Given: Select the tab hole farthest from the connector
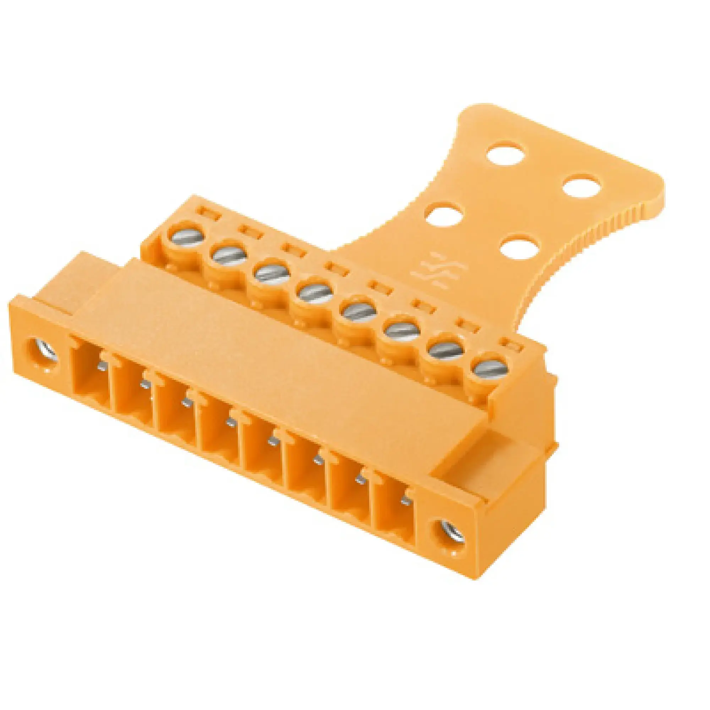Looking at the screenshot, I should (505, 153).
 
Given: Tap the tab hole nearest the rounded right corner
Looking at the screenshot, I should (582, 187).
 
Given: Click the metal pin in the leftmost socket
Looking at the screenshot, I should (102, 366).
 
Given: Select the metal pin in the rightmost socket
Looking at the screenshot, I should (405, 501).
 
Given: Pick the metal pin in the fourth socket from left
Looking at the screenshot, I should (230, 422).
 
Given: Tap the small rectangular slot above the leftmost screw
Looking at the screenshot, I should (208, 213).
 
